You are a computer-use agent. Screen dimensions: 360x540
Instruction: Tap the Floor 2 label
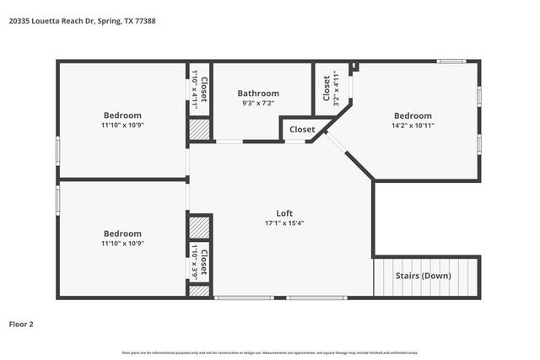point(21,323)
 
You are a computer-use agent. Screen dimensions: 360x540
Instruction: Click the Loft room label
point(284,213)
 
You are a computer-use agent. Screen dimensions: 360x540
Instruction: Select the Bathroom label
point(257,94)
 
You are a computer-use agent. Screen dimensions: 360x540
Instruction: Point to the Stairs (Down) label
point(424,277)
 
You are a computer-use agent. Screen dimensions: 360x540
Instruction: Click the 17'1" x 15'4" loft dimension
point(284,223)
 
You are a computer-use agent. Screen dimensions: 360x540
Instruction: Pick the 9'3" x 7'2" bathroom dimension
point(257,104)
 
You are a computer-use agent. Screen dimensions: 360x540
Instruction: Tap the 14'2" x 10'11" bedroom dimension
point(413,126)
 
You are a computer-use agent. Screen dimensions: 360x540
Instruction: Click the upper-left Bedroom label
point(122,116)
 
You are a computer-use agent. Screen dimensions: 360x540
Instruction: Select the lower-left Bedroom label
point(122,234)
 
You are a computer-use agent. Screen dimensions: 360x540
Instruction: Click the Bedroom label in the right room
point(413,116)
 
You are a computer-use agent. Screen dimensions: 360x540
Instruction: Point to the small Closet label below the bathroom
point(302,130)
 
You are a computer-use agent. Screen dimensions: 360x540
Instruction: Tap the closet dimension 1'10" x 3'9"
point(195,263)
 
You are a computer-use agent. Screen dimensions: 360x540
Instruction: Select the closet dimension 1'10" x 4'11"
point(195,86)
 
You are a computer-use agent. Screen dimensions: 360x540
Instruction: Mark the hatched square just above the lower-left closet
point(199,228)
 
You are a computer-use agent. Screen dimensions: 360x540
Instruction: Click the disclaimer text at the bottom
point(270,352)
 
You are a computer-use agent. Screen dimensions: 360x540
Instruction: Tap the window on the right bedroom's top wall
point(451,62)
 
